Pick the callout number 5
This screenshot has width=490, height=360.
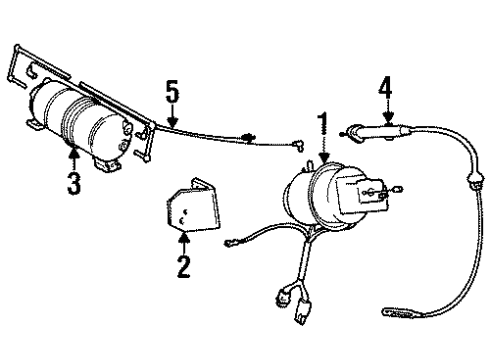click(x=171, y=95)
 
